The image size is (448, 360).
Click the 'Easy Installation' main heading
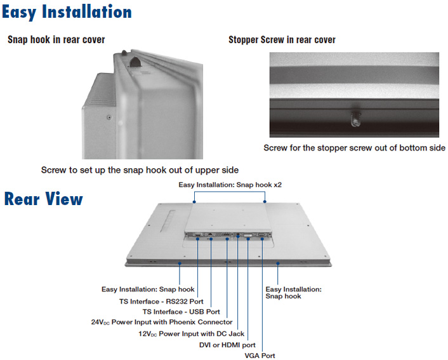pyautogui.click(x=67, y=12)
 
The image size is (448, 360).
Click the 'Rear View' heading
pyautogui.click(x=43, y=199)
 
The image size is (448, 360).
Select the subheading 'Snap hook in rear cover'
pyautogui.click(x=56, y=40)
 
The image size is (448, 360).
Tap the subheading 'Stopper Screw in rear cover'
pyautogui.click(x=282, y=40)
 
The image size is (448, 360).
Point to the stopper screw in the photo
pyautogui.click(x=356, y=119)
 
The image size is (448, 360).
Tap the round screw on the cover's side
pyautogui.click(x=109, y=117)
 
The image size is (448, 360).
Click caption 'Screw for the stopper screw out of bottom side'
pyautogui.click(x=354, y=148)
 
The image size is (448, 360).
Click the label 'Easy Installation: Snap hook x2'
pyautogui.click(x=230, y=185)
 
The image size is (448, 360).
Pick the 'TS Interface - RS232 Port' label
pyautogui.click(x=161, y=302)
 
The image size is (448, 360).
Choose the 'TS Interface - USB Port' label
pyautogui.click(x=181, y=312)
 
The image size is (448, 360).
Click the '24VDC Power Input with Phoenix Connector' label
pyautogui.click(x=162, y=323)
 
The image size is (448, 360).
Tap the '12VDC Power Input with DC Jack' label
pyautogui.click(x=191, y=334)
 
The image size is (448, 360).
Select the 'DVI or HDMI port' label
pyautogui.click(x=227, y=345)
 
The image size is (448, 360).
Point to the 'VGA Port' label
pyautogui.click(x=260, y=356)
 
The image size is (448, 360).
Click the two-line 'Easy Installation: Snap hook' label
pyautogui.click(x=293, y=293)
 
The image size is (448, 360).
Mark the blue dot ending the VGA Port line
pyautogui.click(x=262, y=239)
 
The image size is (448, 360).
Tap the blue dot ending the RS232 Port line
pyautogui.click(x=197, y=239)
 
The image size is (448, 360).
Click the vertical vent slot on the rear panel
pyautogui.click(x=168, y=221)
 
